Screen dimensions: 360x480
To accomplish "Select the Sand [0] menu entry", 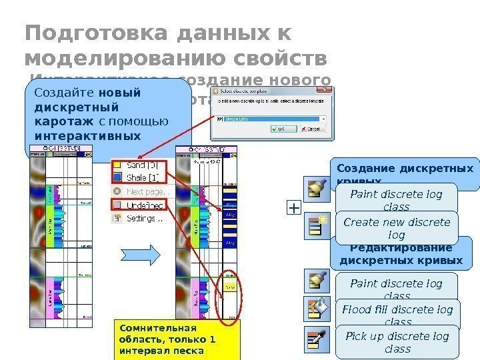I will click(141, 164).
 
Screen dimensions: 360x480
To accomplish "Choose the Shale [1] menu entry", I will click(141, 177).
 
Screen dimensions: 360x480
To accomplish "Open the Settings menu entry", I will click(141, 217).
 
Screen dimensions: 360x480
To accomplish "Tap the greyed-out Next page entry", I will click(141, 191).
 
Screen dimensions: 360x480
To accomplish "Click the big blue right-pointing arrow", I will click(141, 255).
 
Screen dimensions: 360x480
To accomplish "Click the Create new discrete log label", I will click(397, 229).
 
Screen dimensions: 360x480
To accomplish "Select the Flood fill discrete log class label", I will click(397, 315).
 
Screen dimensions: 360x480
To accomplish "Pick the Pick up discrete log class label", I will click(397, 341).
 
